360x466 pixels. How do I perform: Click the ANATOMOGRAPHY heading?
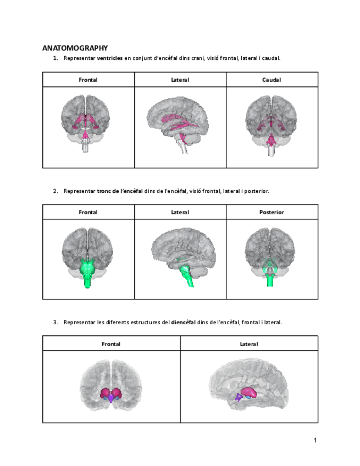click(75, 48)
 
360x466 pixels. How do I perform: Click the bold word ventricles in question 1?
click(109, 58)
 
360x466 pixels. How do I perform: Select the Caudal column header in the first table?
click(272, 80)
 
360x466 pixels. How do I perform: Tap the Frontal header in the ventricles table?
click(88, 80)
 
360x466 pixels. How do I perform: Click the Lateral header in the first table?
click(180, 80)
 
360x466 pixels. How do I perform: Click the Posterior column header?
click(272, 212)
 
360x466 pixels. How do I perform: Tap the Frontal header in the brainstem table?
click(88, 212)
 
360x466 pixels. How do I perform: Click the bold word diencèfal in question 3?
click(184, 323)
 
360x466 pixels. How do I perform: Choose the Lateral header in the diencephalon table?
click(248, 344)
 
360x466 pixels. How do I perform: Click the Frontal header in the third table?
click(111, 344)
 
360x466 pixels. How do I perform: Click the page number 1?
click(315, 440)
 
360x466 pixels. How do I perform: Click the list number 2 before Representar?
click(55, 191)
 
